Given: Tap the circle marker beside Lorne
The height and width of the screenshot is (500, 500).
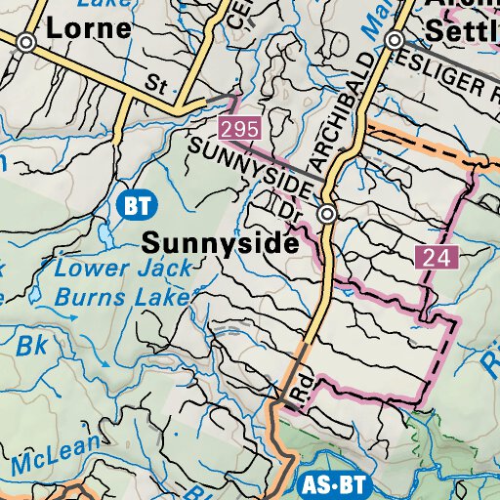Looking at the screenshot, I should click(x=26, y=42).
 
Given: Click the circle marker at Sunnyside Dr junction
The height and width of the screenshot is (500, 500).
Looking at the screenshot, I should click(x=328, y=213).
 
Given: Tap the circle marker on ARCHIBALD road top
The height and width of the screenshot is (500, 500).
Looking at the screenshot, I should click(x=394, y=41).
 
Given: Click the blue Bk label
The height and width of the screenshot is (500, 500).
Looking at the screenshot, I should click(x=32, y=345).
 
